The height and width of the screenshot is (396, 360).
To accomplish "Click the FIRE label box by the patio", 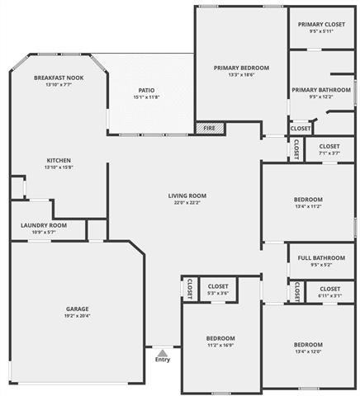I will [x=208, y=128].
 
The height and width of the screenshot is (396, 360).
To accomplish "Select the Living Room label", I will [x=187, y=196].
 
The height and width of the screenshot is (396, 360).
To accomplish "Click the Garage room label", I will [x=78, y=309].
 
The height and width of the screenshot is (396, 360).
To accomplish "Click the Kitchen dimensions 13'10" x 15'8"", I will [x=59, y=167].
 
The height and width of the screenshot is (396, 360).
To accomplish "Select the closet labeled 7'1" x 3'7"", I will [x=329, y=153].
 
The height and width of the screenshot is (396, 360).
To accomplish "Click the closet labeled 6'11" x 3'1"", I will [x=329, y=295].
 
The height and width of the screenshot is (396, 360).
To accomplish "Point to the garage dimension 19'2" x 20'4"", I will [x=78, y=317].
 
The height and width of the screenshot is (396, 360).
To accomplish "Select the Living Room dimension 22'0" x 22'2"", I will [x=187, y=203].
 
